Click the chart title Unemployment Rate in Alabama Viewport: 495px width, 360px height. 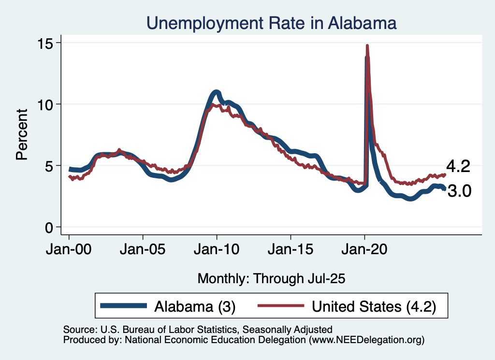click(272, 23)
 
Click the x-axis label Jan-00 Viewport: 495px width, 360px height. click(69, 251)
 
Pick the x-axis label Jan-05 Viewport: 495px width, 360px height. click(143, 251)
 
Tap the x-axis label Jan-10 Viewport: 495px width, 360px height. click(217, 251)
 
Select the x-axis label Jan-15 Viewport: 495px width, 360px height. click(291, 251)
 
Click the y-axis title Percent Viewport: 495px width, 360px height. click(22, 135)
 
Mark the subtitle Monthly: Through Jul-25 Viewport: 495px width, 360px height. click(272, 278)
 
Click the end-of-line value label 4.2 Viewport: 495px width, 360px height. click(458, 167)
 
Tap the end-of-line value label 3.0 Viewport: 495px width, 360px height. click(459, 192)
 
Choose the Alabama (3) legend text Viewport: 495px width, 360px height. click(194, 306)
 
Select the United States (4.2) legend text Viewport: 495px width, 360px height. click(374, 306)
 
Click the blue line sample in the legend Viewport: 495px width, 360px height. click(123, 306)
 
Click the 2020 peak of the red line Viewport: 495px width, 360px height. click(367, 46)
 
